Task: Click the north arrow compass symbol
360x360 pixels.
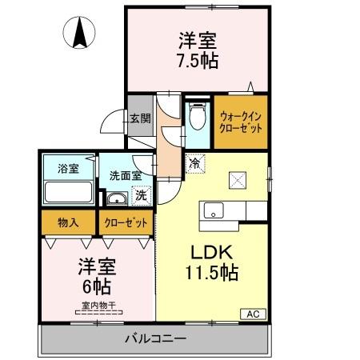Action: (x=80, y=33)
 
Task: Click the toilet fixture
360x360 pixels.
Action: (x=197, y=119)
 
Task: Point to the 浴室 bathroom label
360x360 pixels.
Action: (x=67, y=169)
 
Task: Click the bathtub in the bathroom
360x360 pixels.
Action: (x=67, y=193)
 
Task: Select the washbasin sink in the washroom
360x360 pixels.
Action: (x=117, y=199)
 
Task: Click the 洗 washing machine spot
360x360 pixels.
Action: (x=140, y=194)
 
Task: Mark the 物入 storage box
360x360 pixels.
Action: (x=67, y=222)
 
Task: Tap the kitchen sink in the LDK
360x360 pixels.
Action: (x=214, y=210)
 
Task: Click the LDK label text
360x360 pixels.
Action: (x=212, y=250)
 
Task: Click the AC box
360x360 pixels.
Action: (x=250, y=313)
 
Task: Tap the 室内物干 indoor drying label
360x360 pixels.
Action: (x=98, y=305)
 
